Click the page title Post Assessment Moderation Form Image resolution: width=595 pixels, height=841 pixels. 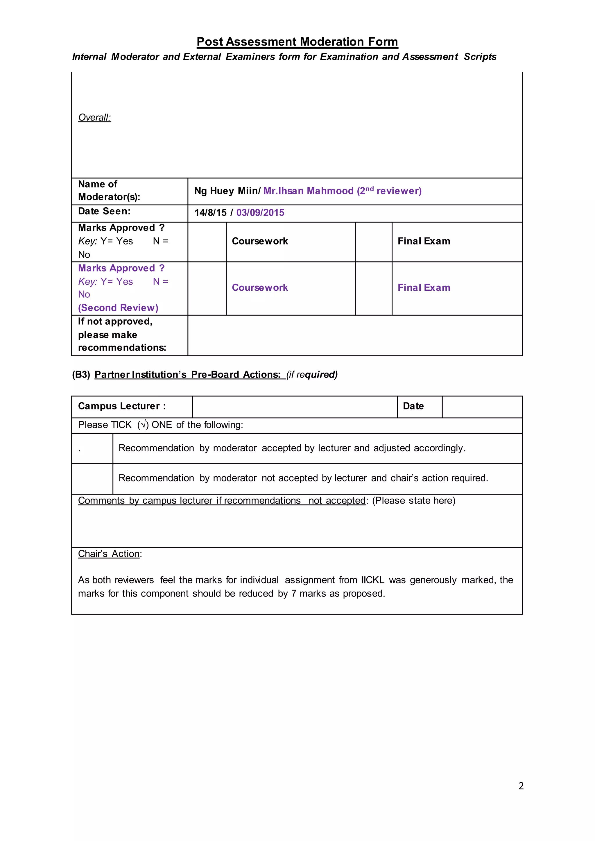(297, 42)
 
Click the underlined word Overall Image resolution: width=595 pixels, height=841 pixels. (94, 118)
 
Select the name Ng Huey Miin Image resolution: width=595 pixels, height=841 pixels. (227, 191)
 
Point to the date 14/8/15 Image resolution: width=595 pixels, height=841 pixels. (210, 213)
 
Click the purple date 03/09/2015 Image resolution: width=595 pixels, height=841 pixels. (260, 213)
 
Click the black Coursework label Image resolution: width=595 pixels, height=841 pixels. (260, 241)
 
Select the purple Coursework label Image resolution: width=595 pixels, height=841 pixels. (260, 288)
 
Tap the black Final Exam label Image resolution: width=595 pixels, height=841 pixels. (424, 241)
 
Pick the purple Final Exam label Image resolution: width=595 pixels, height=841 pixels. (424, 288)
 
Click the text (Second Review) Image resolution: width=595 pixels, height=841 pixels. (118, 308)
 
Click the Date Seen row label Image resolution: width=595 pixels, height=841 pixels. (104, 211)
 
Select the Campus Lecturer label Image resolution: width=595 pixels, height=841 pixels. (122, 406)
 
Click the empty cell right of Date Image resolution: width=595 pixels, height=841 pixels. (482, 407)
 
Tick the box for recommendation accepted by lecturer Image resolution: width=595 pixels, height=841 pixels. (92, 449)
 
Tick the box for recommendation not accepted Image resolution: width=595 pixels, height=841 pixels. (92, 479)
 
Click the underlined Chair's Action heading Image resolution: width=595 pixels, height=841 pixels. (109, 554)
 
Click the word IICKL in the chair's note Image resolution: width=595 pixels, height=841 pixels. (373, 580)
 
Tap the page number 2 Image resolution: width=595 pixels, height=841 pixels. (521, 786)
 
